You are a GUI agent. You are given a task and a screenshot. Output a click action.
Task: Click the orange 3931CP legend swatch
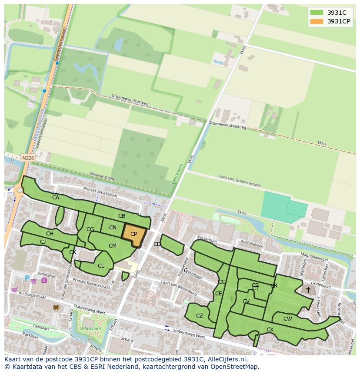[x=316, y=21]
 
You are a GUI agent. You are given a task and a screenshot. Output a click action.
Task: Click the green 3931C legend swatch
[x=316, y=12]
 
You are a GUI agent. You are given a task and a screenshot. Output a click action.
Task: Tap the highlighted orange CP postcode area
[x=133, y=235]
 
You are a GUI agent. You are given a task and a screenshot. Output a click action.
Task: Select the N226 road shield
[x=27, y=158]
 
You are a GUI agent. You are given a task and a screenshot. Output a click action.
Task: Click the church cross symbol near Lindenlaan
[x=308, y=289]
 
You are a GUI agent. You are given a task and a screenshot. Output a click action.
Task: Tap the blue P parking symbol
[x=27, y=278]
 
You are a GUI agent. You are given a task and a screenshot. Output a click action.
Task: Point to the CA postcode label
[x=56, y=198]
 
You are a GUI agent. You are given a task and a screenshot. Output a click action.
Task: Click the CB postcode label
[x=122, y=216]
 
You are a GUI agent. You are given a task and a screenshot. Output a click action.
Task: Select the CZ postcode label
[x=200, y=316]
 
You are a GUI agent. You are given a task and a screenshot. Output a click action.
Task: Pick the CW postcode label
[x=287, y=319]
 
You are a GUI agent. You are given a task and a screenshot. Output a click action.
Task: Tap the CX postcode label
[x=270, y=330]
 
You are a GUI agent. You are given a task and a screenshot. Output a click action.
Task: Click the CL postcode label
[x=101, y=266]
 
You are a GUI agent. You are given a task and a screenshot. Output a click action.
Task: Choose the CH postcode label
[x=50, y=234]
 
